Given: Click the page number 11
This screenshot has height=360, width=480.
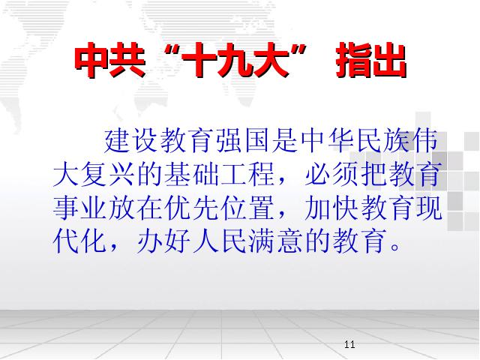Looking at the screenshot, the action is [349, 344].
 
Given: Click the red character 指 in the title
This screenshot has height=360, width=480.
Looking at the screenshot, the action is [353, 60].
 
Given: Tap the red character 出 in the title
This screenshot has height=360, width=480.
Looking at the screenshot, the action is [389, 60].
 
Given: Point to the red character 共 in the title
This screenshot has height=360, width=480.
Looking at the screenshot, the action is [127, 60].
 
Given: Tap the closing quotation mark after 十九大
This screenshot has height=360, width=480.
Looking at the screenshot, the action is [298, 51].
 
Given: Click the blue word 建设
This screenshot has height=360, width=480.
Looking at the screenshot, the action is [132, 141].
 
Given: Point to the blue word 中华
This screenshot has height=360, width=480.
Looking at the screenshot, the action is [328, 141].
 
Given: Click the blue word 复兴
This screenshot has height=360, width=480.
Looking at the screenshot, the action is [108, 175].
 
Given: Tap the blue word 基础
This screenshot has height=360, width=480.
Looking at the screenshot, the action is [192, 175].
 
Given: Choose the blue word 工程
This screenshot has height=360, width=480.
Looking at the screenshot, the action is [248, 175].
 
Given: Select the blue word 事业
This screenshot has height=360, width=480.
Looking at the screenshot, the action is [80, 208].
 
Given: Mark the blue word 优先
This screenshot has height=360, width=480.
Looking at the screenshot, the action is [192, 208].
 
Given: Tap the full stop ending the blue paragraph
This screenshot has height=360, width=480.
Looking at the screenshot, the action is [395, 247].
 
